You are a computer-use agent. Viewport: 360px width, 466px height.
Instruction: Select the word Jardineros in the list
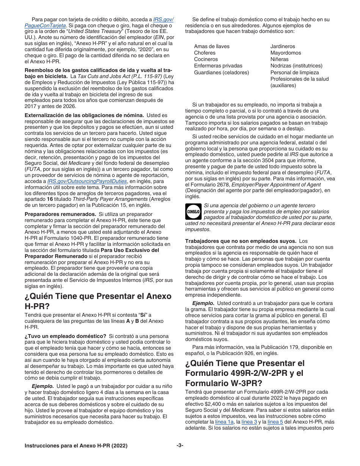283,46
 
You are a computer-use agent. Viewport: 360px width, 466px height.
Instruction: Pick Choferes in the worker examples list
205,53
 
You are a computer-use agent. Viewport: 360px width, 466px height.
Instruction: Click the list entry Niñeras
279,59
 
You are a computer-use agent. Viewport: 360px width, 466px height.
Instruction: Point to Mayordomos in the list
286,53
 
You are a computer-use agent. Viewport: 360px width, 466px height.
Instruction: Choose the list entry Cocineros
206,59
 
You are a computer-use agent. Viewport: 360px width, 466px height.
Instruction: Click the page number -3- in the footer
180,445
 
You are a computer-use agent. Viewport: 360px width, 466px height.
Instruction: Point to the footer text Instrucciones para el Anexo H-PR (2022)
76,446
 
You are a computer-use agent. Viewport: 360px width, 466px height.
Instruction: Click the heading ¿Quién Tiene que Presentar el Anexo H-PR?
98,301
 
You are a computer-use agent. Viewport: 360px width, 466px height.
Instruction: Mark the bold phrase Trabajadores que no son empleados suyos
240,241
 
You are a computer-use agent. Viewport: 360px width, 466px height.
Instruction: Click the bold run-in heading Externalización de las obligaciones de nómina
84,115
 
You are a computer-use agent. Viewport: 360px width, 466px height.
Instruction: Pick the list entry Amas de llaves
211,46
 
